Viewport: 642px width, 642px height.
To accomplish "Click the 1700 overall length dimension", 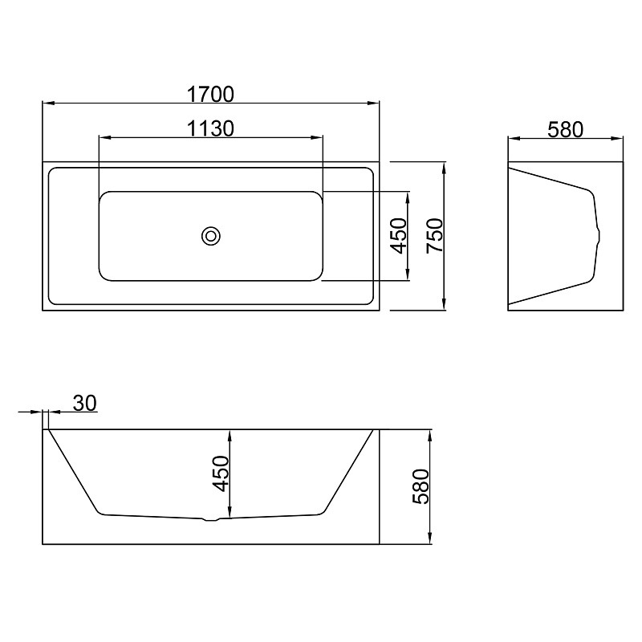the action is pyautogui.click(x=210, y=94).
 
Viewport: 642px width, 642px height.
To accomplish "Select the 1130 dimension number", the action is pyautogui.click(x=210, y=128).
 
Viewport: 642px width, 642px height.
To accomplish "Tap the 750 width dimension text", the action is pyautogui.click(x=435, y=236).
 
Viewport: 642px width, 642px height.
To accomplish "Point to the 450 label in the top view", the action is pyautogui.click(x=399, y=236).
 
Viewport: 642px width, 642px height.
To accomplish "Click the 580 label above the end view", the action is pyautogui.click(x=565, y=130).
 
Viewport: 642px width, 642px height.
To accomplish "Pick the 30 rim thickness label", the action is pyautogui.click(x=85, y=403).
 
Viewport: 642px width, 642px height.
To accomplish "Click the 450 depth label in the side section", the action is pyautogui.click(x=221, y=473).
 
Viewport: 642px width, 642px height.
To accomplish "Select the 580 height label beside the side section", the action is pyautogui.click(x=421, y=486).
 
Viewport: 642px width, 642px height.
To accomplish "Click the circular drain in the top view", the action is pyautogui.click(x=211, y=236).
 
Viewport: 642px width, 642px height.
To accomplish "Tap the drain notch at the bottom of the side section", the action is pyautogui.click(x=212, y=520).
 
